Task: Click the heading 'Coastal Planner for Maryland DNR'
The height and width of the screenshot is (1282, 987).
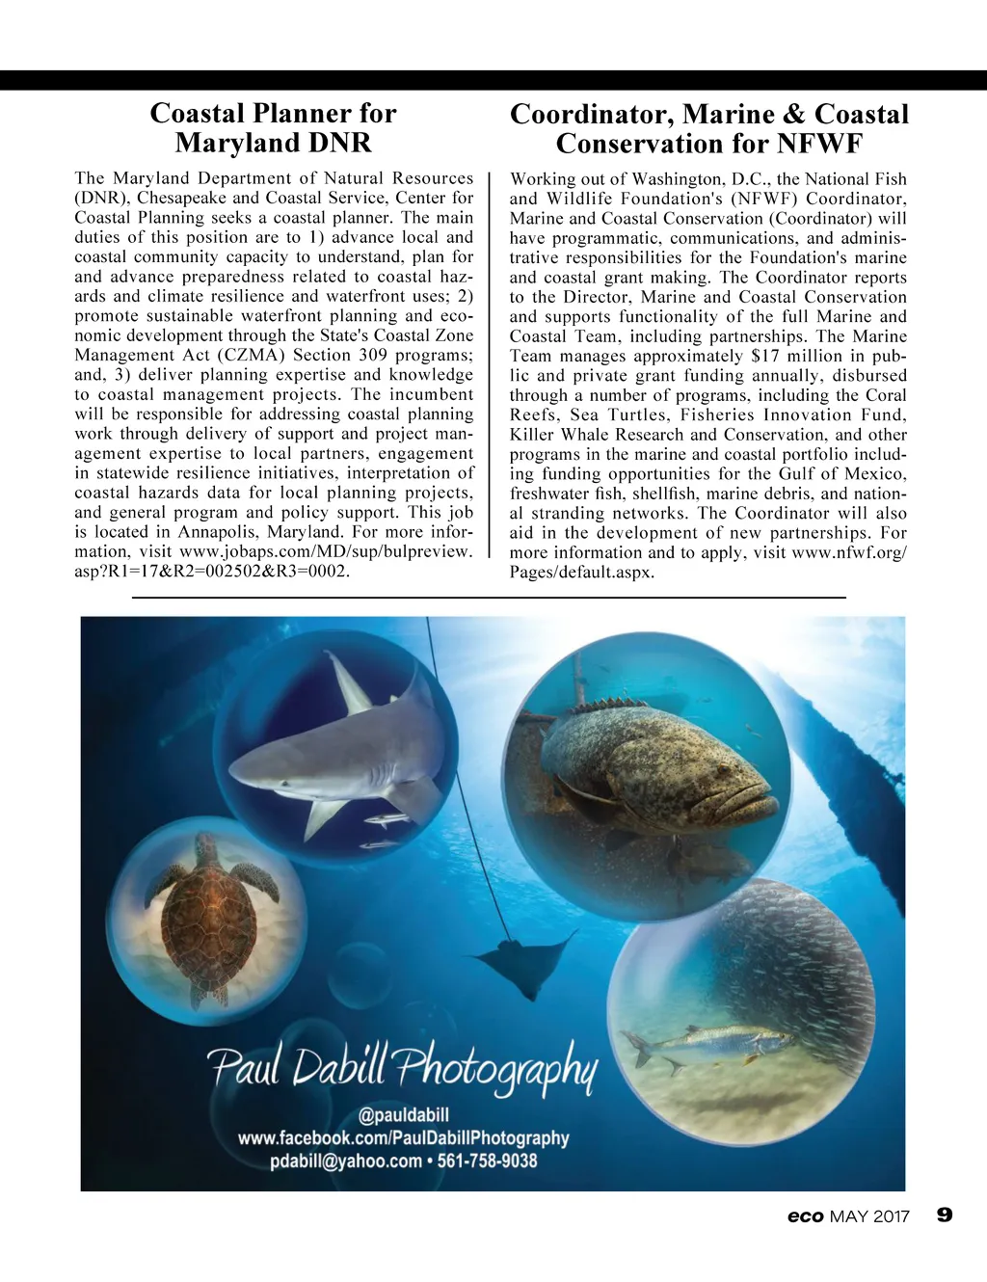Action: (x=273, y=128)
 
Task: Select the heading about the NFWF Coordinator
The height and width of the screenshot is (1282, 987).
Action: (x=708, y=129)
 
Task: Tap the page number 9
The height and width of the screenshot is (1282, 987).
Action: (x=945, y=1215)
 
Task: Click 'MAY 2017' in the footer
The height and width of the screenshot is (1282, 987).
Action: (x=868, y=1216)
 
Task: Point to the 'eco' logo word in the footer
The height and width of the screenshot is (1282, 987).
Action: (x=805, y=1216)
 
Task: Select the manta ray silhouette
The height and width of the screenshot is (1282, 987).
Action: (x=520, y=959)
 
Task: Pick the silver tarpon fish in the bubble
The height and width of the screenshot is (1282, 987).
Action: (x=708, y=1043)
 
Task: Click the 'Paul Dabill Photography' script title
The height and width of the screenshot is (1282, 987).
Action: (x=403, y=1067)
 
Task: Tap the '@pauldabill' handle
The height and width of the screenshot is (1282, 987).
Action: (x=403, y=1115)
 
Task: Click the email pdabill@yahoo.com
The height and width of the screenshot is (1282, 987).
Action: (x=345, y=1161)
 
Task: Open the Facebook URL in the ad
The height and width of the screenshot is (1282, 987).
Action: (x=403, y=1138)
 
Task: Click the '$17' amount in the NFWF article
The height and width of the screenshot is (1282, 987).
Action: (x=766, y=356)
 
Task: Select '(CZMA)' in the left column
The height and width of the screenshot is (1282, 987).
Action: (x=252, y=355)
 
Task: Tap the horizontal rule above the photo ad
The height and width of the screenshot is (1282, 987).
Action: (x=488, y=599)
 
